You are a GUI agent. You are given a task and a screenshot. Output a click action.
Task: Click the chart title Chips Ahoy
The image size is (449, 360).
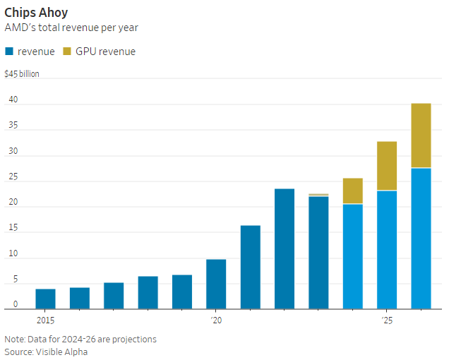tap(36, 13)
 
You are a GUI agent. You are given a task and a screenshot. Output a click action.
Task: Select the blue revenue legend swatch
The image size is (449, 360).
tap(9, 52)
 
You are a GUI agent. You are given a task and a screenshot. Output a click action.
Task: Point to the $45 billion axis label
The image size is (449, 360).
tap(22, 73)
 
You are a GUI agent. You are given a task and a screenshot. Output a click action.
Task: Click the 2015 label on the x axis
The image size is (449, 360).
tap(45, 320)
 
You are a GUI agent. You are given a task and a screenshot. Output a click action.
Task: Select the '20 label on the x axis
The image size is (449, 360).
tap(216, 320)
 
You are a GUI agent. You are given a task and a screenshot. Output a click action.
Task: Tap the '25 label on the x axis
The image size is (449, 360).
tap(387, 320)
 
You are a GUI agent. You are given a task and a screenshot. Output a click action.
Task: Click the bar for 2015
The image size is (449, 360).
tap(45, 299)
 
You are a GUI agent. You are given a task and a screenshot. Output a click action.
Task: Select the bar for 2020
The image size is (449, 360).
tap(216, 284)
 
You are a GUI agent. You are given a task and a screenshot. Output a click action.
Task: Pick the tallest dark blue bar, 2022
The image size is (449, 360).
tap(285, 248)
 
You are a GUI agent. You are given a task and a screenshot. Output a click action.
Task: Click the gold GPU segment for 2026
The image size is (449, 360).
tap(421, 136)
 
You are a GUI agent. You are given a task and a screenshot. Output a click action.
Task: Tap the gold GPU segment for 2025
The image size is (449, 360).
tap(387, 166)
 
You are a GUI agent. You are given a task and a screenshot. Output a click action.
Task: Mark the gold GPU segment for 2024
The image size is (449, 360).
tap(353, 191)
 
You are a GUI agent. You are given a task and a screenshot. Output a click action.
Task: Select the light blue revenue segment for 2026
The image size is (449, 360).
tap(421, 238)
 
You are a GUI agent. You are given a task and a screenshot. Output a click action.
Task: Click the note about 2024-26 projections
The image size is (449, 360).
tap(80, 339)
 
